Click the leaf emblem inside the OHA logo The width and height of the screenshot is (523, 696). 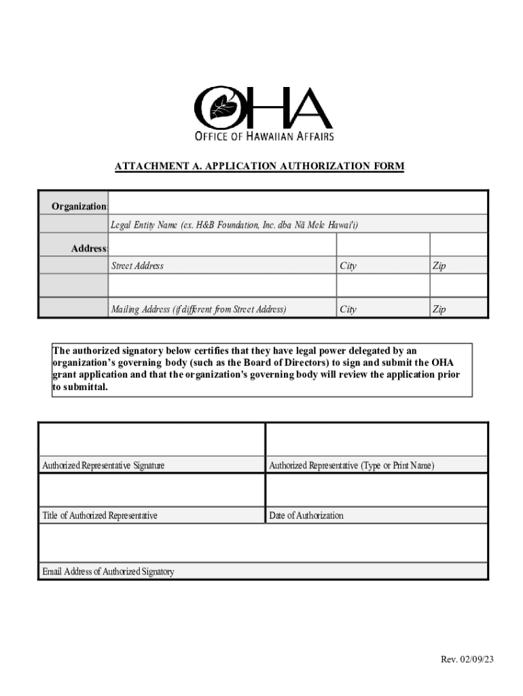pyautogui.click(x=222, y=107)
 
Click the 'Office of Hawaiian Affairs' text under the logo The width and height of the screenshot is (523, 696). pyautogui.click(x=264, y=136)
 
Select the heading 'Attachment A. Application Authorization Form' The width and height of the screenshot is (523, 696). pyautogui.click(x=259, y=166)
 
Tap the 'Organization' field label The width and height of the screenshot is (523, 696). pyautogui.click(x=79, y=206)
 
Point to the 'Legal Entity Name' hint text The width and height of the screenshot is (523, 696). pyautogui.click(x=234, y=225)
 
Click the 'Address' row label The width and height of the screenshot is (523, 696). pyautogui.click(x=89, y=249)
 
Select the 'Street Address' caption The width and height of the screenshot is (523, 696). pyautogui.click(x=137, y=266)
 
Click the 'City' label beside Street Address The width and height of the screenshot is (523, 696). pyautogui.click(x=348, y=266)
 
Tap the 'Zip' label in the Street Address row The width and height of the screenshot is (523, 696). pyautogui.click(x=439, y=266)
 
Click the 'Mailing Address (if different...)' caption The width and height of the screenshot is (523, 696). pyautogui.click(x=198, y=309)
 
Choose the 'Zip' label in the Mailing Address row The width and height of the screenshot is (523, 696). pyautogui.click(x=439, y=309)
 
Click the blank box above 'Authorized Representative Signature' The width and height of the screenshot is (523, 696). pyautogui.click(x=151, y=440)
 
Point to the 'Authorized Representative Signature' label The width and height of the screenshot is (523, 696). pyautogui.click(x=103, y=466)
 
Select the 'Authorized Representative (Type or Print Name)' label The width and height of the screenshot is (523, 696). pyautogui.click(x=351, y=466)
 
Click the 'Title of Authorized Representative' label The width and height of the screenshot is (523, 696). pyautogui.click(x=100, y=515)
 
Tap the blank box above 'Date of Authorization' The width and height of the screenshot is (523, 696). pyautogui.click(x=376, y=490)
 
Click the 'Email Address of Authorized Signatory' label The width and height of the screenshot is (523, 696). pyautogui.click(x=108, y=572)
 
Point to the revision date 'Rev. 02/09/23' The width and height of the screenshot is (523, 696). pyautogui.click(x=467, y=659)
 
